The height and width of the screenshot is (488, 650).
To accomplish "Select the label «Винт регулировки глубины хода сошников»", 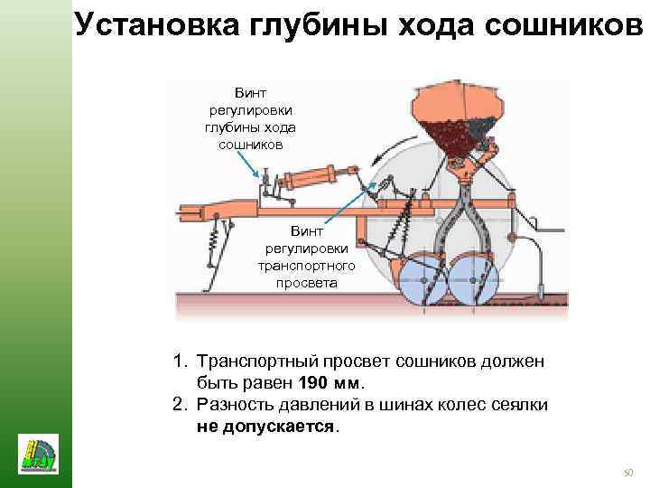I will (250, 118).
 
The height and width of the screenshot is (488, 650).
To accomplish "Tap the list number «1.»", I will (181, 361).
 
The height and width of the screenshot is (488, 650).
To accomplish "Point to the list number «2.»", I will (181, 404).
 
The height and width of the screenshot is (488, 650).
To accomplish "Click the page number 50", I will (629, 472).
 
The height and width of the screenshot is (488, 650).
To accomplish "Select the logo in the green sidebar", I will (37, 451).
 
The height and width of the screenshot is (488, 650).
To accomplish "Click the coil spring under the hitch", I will (213, 239).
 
